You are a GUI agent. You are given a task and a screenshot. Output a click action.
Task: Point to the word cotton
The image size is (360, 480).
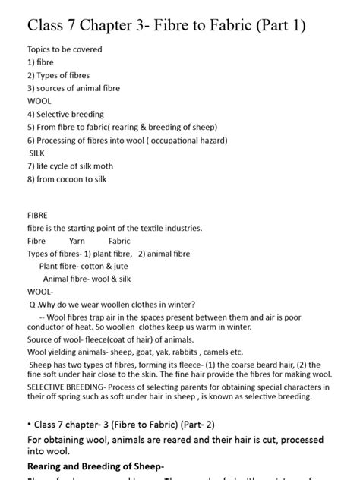pyautogui.click(x=87, y=266)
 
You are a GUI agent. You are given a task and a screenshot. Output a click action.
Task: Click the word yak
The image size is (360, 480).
pyautogui.click(x=163, y=352)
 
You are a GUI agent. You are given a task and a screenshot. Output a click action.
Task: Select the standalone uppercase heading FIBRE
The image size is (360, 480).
pyautogui.click(x=37, y=216)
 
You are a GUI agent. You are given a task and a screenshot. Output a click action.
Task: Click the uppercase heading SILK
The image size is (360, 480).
pyautogui.click(x=37, y=152)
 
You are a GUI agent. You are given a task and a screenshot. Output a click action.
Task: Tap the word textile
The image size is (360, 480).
pyautogui.click(x=140, y=228)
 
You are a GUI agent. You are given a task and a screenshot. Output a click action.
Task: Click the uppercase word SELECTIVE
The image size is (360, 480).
pyautogui.click(x=48, y=387)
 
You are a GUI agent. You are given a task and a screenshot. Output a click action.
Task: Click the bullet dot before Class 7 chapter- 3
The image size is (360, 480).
pyautogui.click(x=30, y=423)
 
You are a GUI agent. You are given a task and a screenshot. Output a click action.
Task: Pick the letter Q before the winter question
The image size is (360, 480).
pyautogui.click(x=32, y=304)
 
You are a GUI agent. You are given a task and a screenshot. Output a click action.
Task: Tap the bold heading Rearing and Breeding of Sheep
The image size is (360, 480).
pyautogui.click(x=96, y=466)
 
